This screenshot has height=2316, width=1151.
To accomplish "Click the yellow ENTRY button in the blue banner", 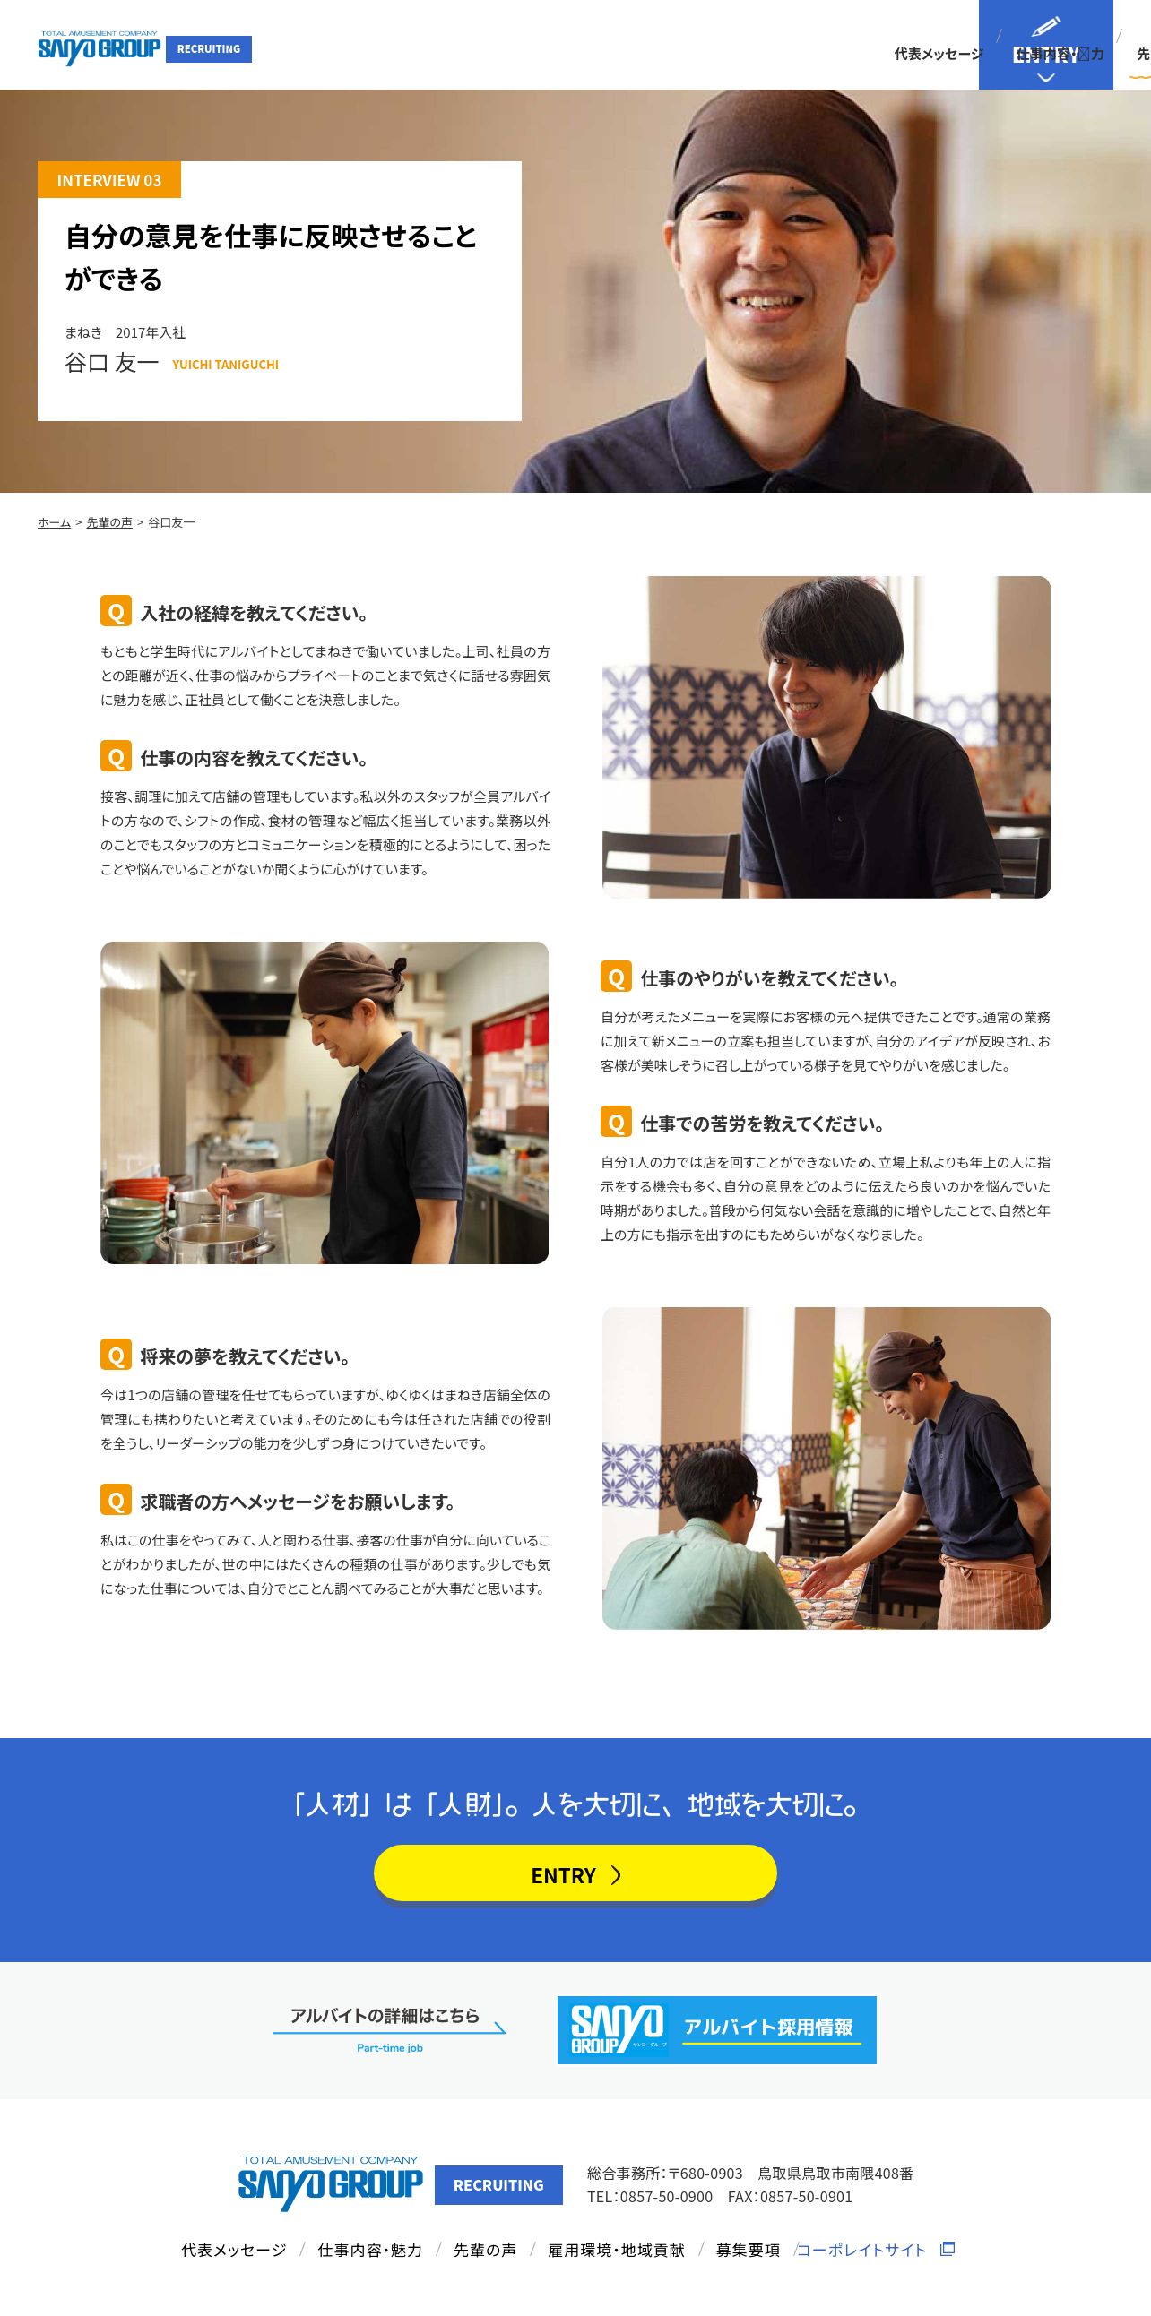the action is pos(575,1874).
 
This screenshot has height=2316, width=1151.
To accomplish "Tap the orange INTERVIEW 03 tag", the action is pos(108,180).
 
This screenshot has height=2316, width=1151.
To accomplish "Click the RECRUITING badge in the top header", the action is pos(209,49).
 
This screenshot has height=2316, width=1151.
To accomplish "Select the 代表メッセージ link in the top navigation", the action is pos(938,54).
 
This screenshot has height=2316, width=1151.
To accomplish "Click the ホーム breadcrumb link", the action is pos(54,522).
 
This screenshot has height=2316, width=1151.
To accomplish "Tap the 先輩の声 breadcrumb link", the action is pos(108,522).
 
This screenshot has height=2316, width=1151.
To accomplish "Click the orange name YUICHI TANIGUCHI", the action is pos(225,364).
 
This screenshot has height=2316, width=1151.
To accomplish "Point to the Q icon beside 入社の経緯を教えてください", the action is pos(116,611).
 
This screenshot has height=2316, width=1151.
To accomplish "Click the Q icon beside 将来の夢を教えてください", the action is pos(116,1355).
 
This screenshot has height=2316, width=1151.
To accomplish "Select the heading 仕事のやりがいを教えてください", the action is pos(770,978).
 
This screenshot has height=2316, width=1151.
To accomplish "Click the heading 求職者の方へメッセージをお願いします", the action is pos(298,1502).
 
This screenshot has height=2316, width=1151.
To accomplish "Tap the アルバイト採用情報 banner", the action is pos(716,2030).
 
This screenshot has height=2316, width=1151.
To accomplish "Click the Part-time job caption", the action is pos(389,2047).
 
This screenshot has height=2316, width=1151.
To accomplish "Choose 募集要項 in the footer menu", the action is pos(748,2250).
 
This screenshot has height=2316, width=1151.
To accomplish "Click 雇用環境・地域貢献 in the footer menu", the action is pos(616,2250).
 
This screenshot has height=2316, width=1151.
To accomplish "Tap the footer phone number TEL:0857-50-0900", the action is pos(649,2197).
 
